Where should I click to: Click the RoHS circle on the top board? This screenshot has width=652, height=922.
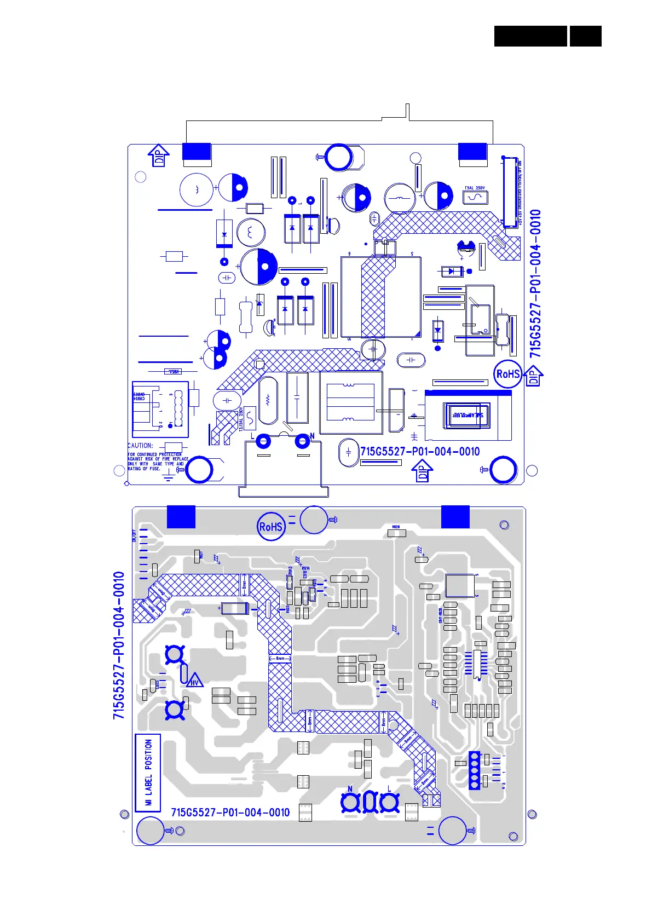click(507, 374)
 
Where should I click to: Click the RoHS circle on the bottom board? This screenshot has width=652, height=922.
click(271, 527)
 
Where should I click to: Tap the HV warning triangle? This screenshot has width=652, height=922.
click(195, 681)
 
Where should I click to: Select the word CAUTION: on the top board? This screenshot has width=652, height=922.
click(140, 446)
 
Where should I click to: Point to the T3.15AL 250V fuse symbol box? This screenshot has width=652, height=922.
click(250, 419)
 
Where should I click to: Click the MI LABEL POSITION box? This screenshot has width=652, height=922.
click(148, 773)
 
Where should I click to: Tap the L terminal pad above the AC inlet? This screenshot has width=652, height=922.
click(263, 441)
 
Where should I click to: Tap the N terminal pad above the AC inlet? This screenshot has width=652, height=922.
click(302, 441)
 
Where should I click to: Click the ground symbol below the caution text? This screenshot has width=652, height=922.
click(169, 477)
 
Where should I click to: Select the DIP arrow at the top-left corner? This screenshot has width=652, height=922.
click(159, 155)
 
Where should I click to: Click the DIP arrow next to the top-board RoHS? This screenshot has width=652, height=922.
click(534, 376)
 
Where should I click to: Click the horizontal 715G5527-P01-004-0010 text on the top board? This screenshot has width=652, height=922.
click(420, 452)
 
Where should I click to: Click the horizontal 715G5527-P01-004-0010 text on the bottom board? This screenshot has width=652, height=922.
click(230, 812)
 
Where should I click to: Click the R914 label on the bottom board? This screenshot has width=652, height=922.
click(305, 569)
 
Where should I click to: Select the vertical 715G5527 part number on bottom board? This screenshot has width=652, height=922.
click(119, 646)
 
